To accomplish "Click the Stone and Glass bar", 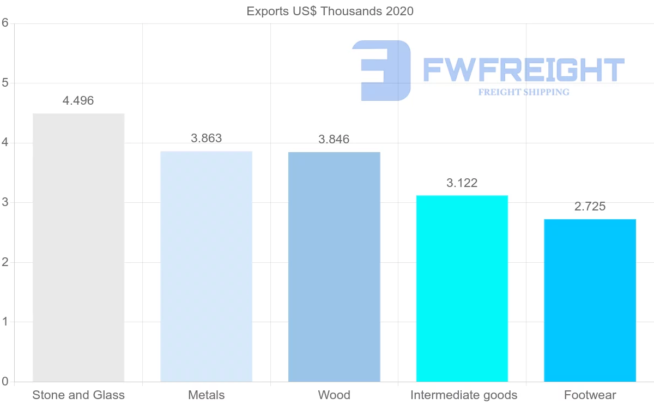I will coord(78,248).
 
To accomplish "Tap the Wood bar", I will coord(334,267).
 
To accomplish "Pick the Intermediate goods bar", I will coord(462,288).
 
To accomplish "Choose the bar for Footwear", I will coord(590,300).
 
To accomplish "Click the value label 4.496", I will coord(78,101).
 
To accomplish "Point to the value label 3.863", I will coord(207,138).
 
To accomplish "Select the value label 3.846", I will coord(334,140).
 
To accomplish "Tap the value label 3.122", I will coord(462,183).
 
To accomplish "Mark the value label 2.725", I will coord(590,207).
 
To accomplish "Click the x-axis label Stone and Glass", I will coord(78,395).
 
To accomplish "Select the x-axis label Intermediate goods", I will coord(464,395).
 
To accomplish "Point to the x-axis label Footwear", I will coord(590,395).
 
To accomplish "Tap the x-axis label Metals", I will coord(206,395).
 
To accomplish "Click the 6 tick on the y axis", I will coord(5,23).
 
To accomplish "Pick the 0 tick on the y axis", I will coord(5,382).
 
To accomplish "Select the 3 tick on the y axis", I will coord(5,202).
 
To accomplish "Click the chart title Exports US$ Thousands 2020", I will coord(330,11).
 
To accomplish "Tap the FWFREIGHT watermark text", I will coord(523,70).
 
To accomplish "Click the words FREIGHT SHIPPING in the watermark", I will coord(524,92).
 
